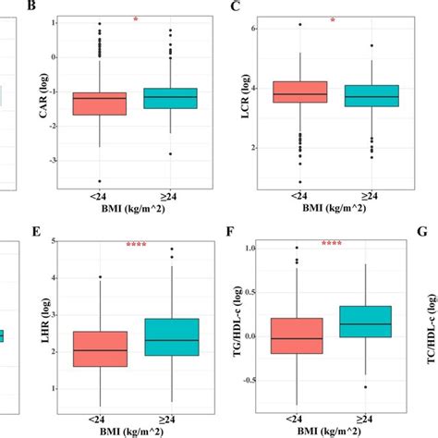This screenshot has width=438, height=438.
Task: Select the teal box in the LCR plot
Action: coord(371,95)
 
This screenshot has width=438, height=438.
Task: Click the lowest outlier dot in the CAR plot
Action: coord(99,181)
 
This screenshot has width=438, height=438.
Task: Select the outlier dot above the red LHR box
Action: coord(99,276)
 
